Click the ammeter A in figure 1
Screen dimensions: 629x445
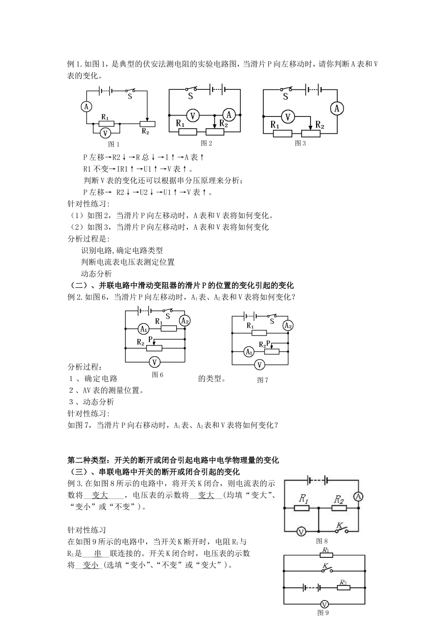(86, 107)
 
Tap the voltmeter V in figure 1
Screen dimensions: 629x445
(105, 133)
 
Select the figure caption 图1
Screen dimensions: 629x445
(114, 144)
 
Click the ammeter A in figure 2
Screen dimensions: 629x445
(229, 114)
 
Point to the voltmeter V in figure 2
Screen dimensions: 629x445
(193, 116)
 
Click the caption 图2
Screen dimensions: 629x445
(207, 143)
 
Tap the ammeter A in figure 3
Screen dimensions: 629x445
(337, 109)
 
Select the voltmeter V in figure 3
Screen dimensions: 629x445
(288, 117)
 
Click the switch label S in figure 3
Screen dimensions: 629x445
(285, 97)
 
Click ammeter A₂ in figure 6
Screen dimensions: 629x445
(185, 321)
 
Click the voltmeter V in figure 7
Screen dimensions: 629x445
(260, 365)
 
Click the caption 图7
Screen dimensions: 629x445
(262, 380)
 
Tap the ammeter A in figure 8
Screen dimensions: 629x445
(359, 496)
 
